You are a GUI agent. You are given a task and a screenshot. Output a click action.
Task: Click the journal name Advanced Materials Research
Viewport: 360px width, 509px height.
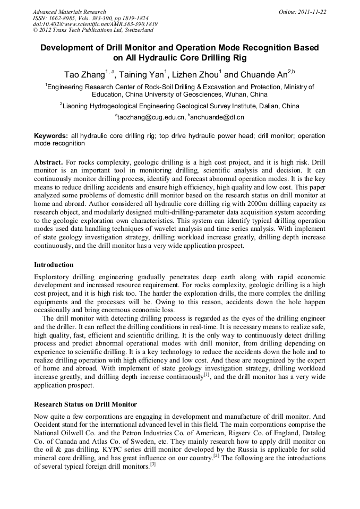(69, 12)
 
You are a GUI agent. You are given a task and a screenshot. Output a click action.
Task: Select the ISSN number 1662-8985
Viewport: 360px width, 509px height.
(62, 18)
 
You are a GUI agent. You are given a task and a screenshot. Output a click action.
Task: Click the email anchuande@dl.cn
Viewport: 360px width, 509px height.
(218, 117)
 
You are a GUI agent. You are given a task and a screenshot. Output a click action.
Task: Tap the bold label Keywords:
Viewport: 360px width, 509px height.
(51, 136)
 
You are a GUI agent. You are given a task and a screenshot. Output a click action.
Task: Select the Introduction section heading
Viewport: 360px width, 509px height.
(54, 265)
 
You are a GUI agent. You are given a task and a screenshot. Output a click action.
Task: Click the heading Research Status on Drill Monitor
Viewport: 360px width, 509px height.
(85, 404)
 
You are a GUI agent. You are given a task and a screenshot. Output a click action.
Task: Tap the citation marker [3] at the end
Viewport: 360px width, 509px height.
(152, 464)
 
